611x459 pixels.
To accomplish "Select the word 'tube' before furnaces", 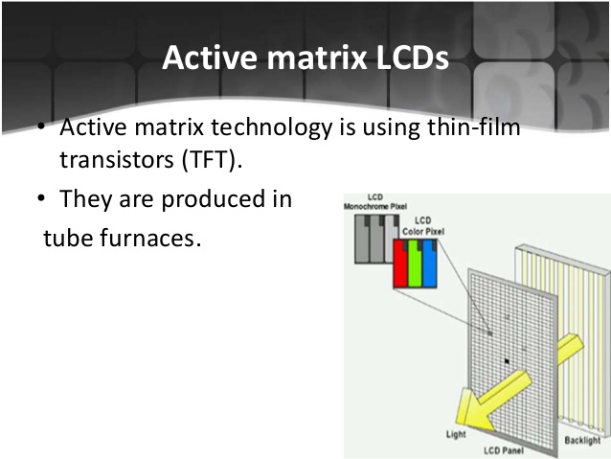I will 69,237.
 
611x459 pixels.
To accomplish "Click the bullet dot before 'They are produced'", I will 43,199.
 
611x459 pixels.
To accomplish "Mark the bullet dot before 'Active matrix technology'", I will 43,128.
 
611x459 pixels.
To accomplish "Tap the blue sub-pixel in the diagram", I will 431,263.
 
